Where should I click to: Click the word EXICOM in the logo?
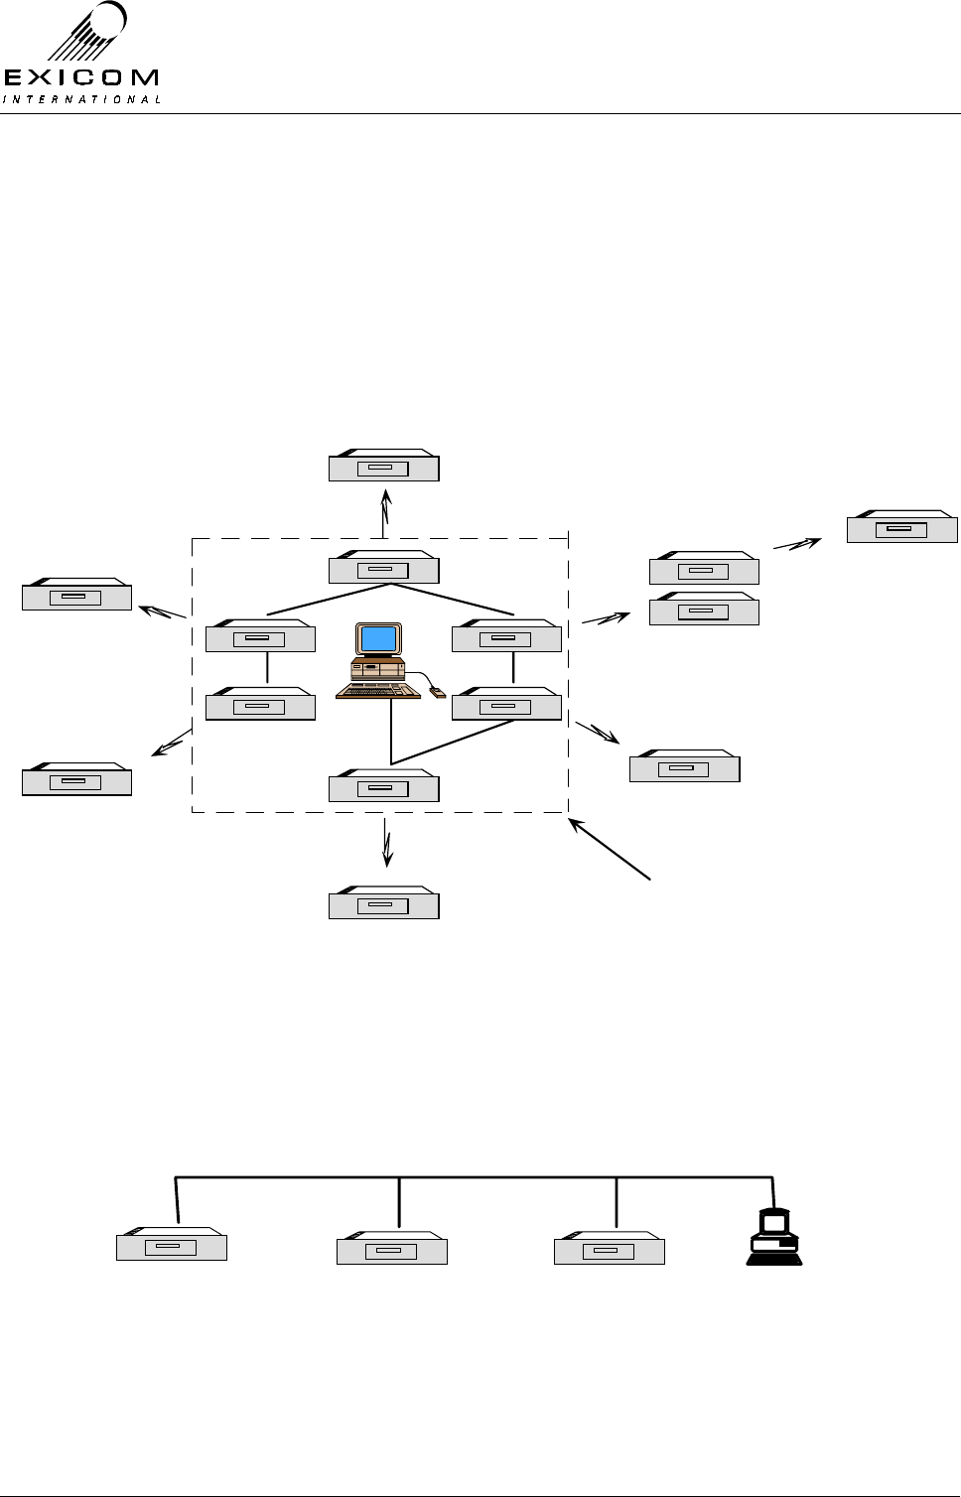[x=81, y=77]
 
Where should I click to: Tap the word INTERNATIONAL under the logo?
[x=81, y=99]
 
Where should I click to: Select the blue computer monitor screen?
[x=379, y=639]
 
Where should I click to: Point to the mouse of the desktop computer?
[x=437, y=692]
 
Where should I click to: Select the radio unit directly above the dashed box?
[x=383, y=468]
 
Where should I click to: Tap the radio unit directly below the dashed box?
[x=383, y=904]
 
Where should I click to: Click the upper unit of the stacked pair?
[x=704, y=570]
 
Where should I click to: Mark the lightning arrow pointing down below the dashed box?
[x=387, y=845]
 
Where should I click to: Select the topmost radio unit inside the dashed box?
[x=383, y=569]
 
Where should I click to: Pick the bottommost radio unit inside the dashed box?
[x=383, y=787]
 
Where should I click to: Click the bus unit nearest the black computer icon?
[x=609, y=1250]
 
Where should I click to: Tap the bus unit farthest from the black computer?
[x=172, y=1246]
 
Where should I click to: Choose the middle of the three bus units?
[x=392, y=1250]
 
